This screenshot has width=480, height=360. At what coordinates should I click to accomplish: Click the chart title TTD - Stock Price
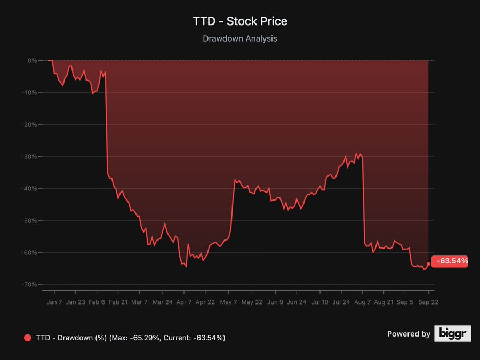coord(240,21)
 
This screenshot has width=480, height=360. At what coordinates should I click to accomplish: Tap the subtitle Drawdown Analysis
coord(240,38)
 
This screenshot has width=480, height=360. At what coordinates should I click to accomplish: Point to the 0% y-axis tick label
coord(33,61)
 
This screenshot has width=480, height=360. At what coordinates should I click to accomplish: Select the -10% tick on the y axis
coord(29,93)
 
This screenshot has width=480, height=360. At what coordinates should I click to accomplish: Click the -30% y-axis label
coord(29,157)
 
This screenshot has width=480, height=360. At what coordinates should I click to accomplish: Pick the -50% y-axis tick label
coord(29,221)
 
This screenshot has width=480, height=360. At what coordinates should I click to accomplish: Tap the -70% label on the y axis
coord(29,285)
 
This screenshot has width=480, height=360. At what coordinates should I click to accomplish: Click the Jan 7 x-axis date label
coord(54,302)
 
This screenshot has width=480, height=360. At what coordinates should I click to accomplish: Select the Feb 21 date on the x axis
coord(117,302)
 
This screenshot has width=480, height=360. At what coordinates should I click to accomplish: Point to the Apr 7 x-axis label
coord(183,302)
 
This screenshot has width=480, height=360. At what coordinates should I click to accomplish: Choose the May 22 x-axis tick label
coord(252,302)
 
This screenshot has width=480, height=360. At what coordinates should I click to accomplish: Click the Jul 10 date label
coord(320,302)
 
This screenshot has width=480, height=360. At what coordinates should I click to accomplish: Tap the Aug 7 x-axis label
coord(363,302)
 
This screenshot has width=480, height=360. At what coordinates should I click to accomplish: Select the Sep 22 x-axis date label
coord(428,302)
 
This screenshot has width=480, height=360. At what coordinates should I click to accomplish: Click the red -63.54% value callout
coord(451,261)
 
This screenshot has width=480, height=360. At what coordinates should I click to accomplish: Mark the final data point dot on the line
coord(428,264)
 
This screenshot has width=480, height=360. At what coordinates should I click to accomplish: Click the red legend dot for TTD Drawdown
coord(28,338)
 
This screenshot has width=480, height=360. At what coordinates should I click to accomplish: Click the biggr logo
coord(452,334)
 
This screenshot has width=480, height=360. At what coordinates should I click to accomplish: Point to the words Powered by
coord(409,334)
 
